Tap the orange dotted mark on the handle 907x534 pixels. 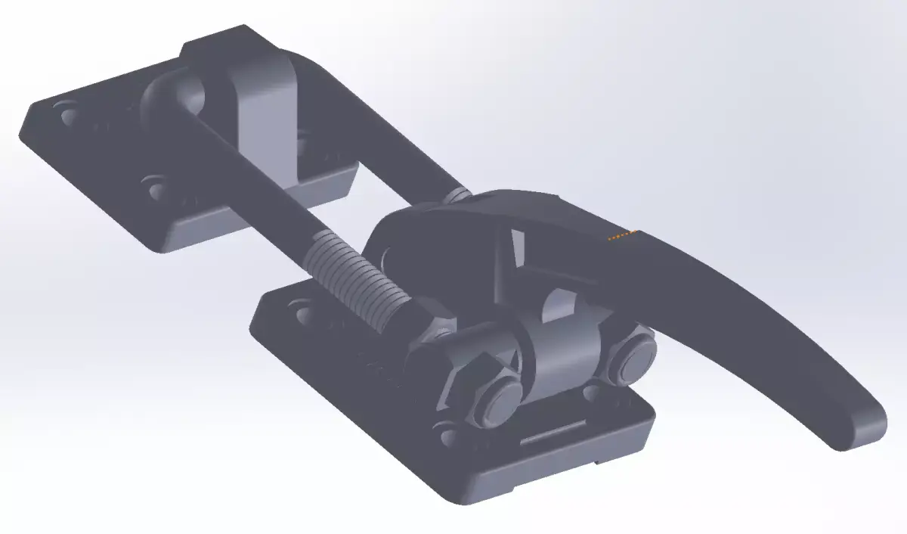tap(623, 236)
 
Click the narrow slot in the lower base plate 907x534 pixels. tap(555, 434)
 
